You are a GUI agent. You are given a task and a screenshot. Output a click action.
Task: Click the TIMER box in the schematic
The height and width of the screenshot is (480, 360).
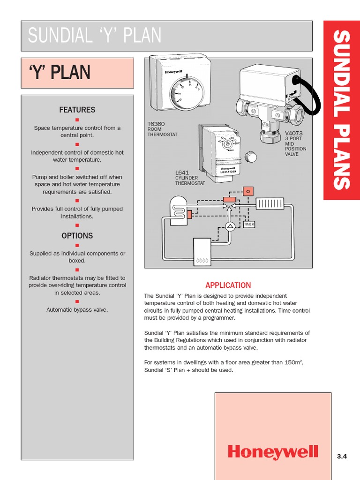249,225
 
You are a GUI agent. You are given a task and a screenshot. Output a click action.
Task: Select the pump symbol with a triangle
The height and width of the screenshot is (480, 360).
230,226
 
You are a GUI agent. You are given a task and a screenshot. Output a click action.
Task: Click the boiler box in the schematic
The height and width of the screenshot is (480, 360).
202,252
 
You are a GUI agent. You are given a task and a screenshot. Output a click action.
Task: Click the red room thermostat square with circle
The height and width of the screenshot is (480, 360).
248,191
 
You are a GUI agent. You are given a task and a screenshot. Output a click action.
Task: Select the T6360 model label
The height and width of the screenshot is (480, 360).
156,124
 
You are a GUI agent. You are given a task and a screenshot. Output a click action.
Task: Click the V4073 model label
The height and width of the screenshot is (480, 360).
294,133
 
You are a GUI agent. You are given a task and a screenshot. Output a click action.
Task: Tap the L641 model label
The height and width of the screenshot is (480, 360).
182,173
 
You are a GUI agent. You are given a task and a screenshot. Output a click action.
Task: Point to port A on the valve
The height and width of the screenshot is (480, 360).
277,115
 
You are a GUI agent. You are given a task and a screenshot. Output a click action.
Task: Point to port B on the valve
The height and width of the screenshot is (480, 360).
254,112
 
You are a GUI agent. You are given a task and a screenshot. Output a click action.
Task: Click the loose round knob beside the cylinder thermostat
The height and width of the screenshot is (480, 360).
251,157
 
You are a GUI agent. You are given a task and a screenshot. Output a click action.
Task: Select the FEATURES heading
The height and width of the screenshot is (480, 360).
77,110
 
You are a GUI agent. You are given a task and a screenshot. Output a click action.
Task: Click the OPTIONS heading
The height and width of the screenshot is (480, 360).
77,236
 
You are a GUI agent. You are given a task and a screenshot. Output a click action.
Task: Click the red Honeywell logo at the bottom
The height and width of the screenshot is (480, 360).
273,452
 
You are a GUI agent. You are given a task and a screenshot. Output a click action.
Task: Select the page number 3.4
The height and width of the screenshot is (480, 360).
342,456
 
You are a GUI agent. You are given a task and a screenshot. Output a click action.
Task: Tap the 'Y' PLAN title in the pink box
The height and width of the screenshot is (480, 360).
60,73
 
